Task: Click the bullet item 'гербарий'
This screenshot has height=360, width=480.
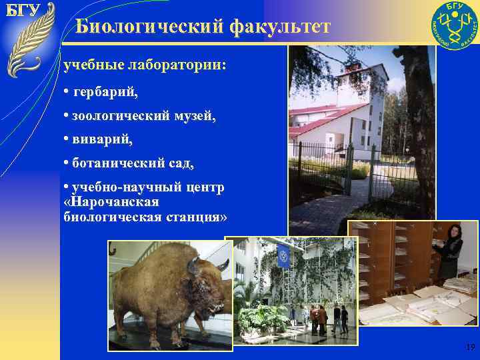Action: [105, 91]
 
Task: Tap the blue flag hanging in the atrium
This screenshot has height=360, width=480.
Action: [283, 256]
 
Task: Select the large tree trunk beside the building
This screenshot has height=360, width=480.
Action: [414, 133]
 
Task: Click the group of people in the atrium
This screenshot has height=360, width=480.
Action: [327, 318]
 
